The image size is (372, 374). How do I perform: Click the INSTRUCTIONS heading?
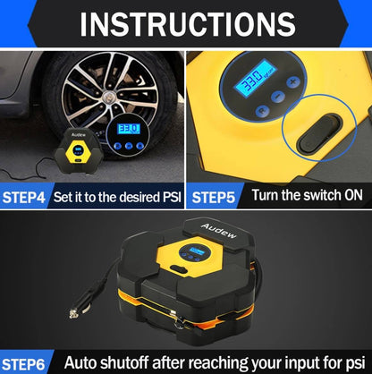click(x=188, y=24)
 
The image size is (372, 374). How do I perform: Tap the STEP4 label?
click(x=24, y=198)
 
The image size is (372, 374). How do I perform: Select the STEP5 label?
click(x=214, y=198)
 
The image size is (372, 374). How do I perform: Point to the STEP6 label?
click(x=23, y=364)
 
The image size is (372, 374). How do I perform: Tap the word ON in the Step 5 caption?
click(x=354, y=195)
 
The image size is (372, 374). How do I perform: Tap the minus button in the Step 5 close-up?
click(x=278, y=96)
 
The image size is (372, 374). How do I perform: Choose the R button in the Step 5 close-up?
click(x=263, y=111)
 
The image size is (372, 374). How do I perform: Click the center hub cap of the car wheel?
click(x=110, y=96)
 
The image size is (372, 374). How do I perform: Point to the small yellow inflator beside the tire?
click(x=78, y=150)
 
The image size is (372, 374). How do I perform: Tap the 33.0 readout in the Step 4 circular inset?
click(x=129, y=129)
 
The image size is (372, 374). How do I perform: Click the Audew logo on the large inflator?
click(x=219, y=231)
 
